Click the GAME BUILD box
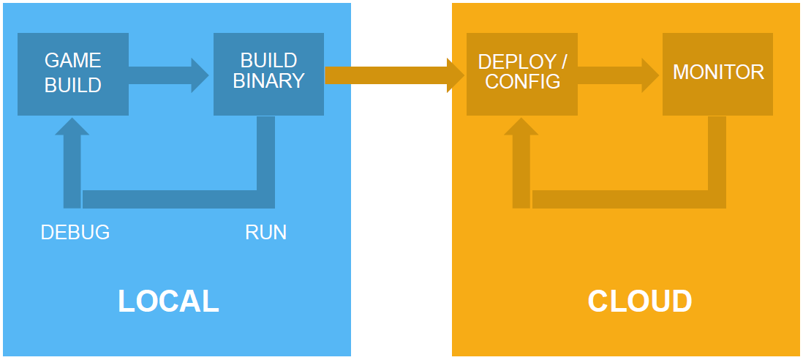point(72,74)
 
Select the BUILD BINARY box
point(268,74)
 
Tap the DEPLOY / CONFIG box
point(522,74)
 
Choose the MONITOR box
point(717,74)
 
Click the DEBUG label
point(75,233)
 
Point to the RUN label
point(265,233)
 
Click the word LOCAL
point(168,301)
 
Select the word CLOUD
point(640,301)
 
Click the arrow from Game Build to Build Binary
point(168,75)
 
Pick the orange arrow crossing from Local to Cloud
point(394,75)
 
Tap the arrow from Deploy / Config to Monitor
point(618,75)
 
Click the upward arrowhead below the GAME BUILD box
point(72,127)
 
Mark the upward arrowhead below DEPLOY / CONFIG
point(521,127)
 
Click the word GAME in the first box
point(72,61)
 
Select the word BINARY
point(269,81)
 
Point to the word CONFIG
point(522,82)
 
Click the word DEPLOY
point(516,62)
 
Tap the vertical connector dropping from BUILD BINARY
point(265,153)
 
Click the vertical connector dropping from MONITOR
point(717,153)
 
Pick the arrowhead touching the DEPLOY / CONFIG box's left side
point(456,75)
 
